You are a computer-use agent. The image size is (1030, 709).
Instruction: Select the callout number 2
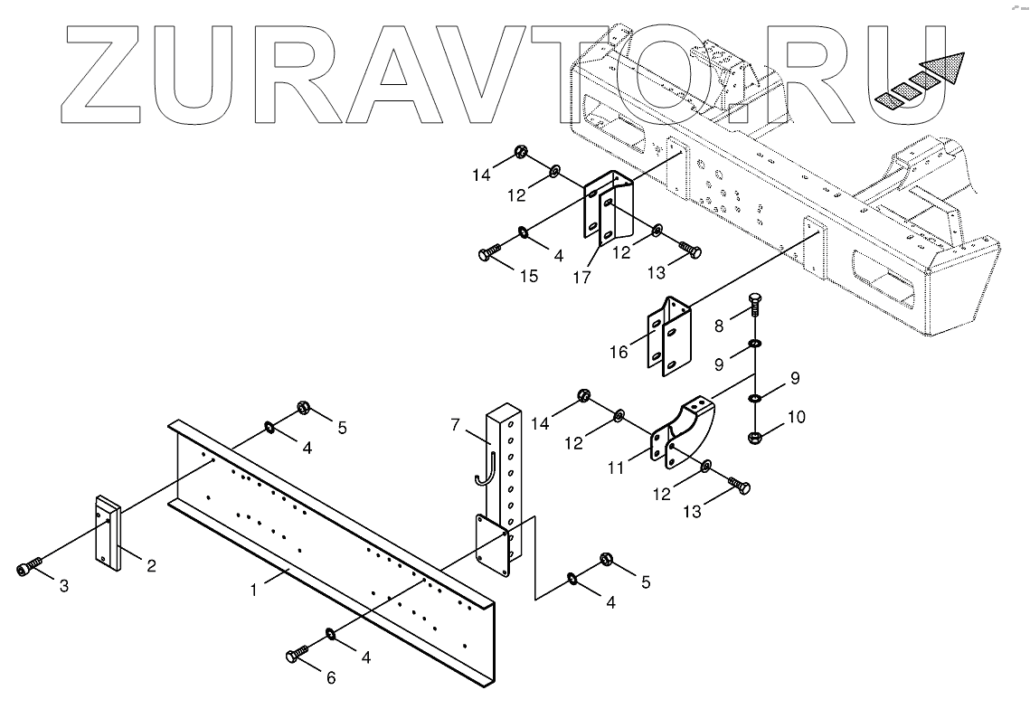(x=151, y=566)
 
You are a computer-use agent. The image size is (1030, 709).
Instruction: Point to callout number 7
(x=456, y=423)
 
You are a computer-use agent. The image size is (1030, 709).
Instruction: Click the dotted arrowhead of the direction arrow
(x=947, y=69)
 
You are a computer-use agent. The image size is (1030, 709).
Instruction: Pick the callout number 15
(x=528, y=275)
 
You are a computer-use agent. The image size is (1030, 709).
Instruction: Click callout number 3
(x=62, y=586)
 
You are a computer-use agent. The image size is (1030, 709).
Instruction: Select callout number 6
(x=331, y=677)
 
